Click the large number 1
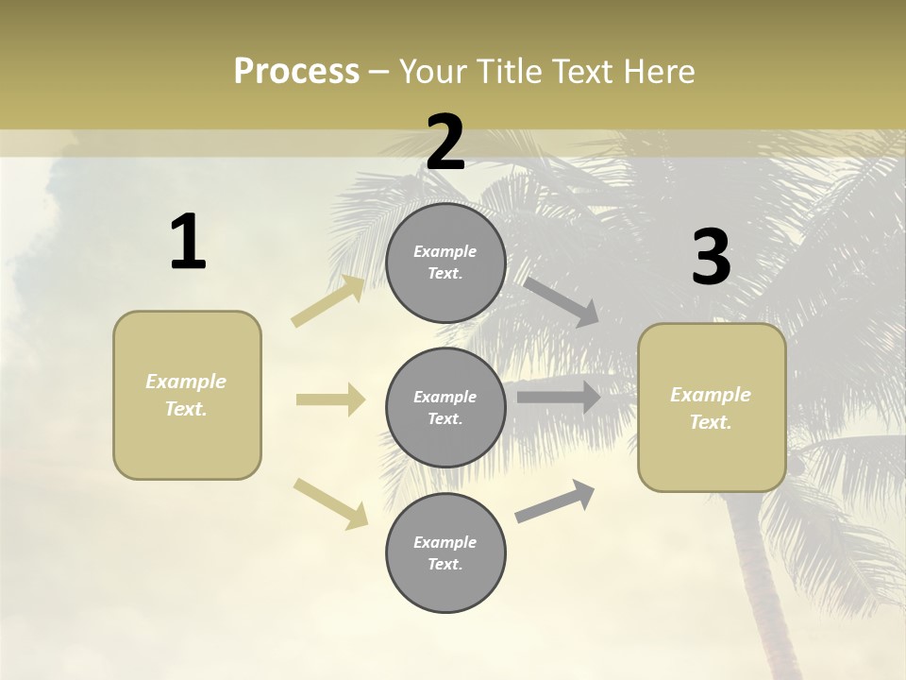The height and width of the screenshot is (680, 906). [x=188, y=242]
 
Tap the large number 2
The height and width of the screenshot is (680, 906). [x=445, y=143]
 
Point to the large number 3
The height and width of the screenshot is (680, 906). [x=712, y=258]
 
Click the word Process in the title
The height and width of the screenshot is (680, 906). [x=296, y=72]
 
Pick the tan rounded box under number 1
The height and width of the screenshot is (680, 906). [x=187, y=395]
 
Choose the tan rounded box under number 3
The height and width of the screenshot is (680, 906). [x=712, y=408]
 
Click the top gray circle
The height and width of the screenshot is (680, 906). [x=445, y=263]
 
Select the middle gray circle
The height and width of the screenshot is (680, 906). [x=445, y=407]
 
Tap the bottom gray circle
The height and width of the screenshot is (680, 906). [x=445, y=552]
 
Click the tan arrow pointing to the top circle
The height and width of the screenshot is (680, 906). [x=328, y=301]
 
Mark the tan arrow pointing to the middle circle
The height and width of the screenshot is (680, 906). [x=330, y=399]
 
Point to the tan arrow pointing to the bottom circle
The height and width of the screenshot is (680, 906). [x=330, y=503]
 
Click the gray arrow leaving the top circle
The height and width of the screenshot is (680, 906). [x=562, y=301]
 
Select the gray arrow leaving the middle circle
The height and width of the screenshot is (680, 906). [x=559, y=397]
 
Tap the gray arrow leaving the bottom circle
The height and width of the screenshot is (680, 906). [x=555, y=501]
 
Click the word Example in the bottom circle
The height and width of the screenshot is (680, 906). [x=445, y=542]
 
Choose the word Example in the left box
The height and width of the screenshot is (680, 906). [x=186, y=382]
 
